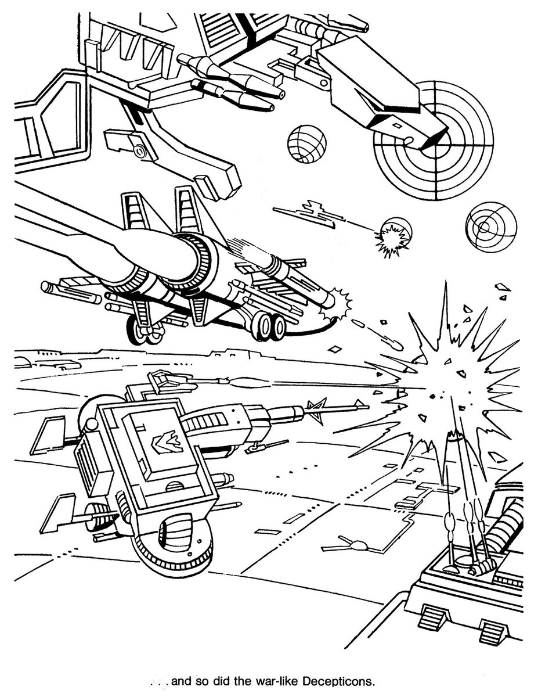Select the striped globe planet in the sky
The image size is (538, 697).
306,143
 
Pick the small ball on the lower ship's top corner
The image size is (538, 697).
92,425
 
